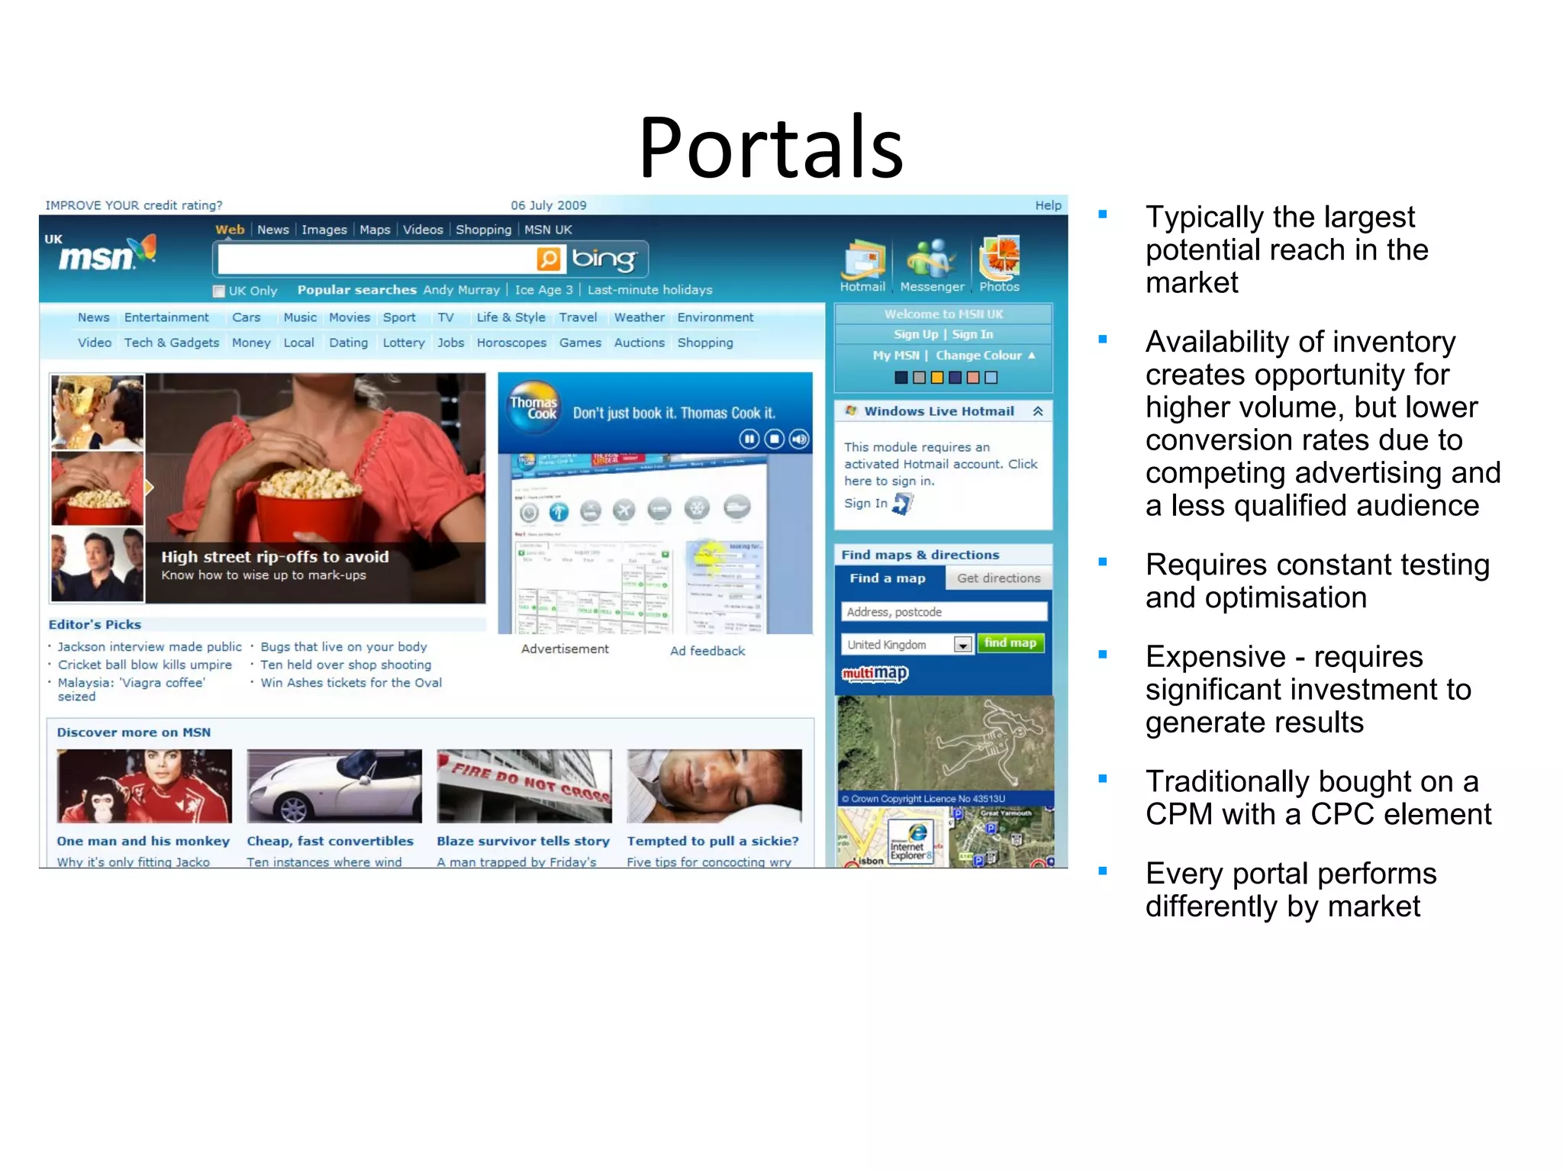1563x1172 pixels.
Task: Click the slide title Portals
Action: pos(771,147)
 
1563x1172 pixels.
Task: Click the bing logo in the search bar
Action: pos(603,259)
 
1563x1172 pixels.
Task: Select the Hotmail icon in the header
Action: pos(862,260)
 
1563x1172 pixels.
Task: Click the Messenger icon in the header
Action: pos(930,259)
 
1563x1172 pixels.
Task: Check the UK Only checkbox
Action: pos(219,291)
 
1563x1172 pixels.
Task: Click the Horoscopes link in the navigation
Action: pos(511,343)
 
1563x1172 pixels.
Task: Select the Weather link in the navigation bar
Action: pos(639,317)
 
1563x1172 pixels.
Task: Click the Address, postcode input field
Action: pos(943,612)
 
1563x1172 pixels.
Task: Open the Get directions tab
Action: pos(998,578)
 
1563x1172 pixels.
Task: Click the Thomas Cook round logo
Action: pos(533,407)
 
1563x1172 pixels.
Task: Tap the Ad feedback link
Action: pos(707,651)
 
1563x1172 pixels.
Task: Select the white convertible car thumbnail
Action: pos(334,786)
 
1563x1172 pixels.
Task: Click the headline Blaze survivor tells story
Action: pos(523,841)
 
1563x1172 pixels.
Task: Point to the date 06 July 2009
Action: pos(548,205)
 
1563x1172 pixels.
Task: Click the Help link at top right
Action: pos(1047,205)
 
